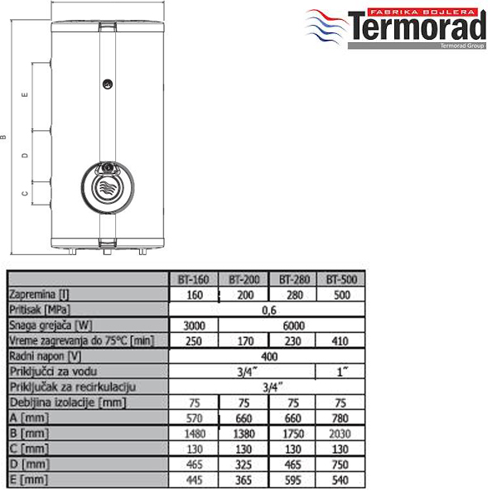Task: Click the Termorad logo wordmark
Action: point(417,27)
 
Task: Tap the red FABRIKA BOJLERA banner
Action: point(422,12)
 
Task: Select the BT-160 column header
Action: point(193,280)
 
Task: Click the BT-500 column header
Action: point(341,280)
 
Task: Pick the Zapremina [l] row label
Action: point(39,294)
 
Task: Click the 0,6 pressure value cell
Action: point(269,311)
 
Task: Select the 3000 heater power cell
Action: point(195,326)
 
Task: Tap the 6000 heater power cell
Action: point(294,326)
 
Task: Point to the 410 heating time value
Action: point(340,341)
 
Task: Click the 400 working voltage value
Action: point(269,356)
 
